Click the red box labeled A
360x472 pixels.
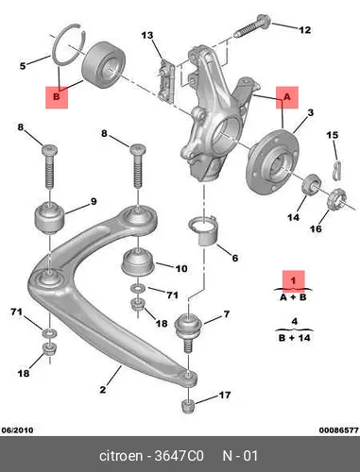[x=287, y=97]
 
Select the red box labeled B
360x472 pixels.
[x=57, y=97]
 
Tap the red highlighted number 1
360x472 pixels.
[x=294, y=279]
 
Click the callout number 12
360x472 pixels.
[x=304, y=30]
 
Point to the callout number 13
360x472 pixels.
[x=147, y=35]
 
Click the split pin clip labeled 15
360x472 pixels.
[x=336, y=171]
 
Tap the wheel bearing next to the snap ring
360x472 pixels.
[x=104, y=64]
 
